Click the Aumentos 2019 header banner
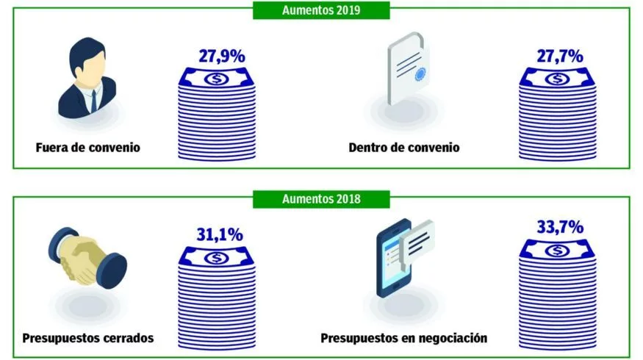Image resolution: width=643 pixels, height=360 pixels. click(320, 10)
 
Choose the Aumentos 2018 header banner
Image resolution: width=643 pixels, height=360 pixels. click(320, 198)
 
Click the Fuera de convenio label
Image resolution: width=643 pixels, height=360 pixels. click(87, 147)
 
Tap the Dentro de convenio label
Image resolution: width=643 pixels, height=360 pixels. click(403, 147)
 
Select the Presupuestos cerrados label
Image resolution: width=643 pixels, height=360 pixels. click(87, 339)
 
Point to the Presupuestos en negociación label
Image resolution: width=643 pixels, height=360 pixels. click(403, 339)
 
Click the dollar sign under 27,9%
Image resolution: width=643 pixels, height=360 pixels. click(216, 78)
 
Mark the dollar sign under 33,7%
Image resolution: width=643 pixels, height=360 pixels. click(559, 249)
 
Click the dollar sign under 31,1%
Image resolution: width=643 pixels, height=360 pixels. click(216, 257)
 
